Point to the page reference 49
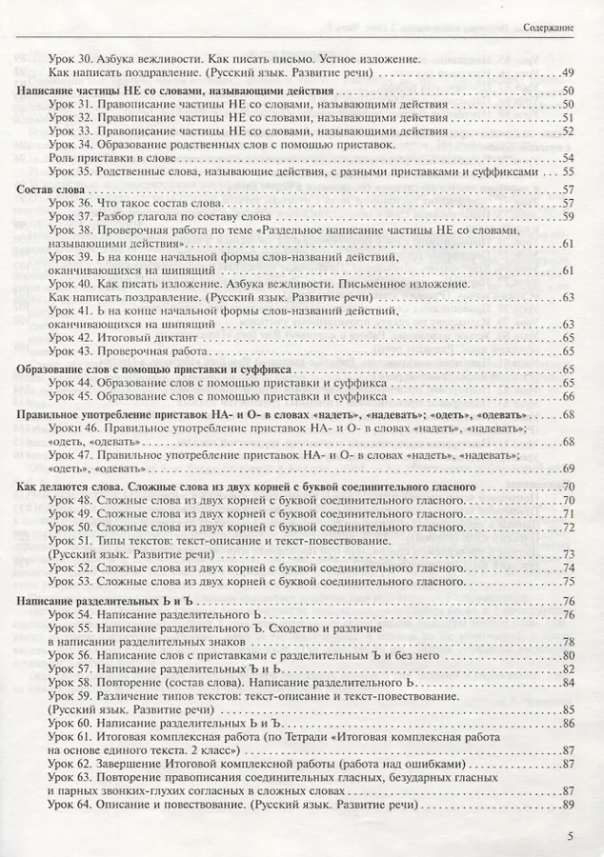click(x=568, y=73)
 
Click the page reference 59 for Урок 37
click(x=568, y=217)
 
